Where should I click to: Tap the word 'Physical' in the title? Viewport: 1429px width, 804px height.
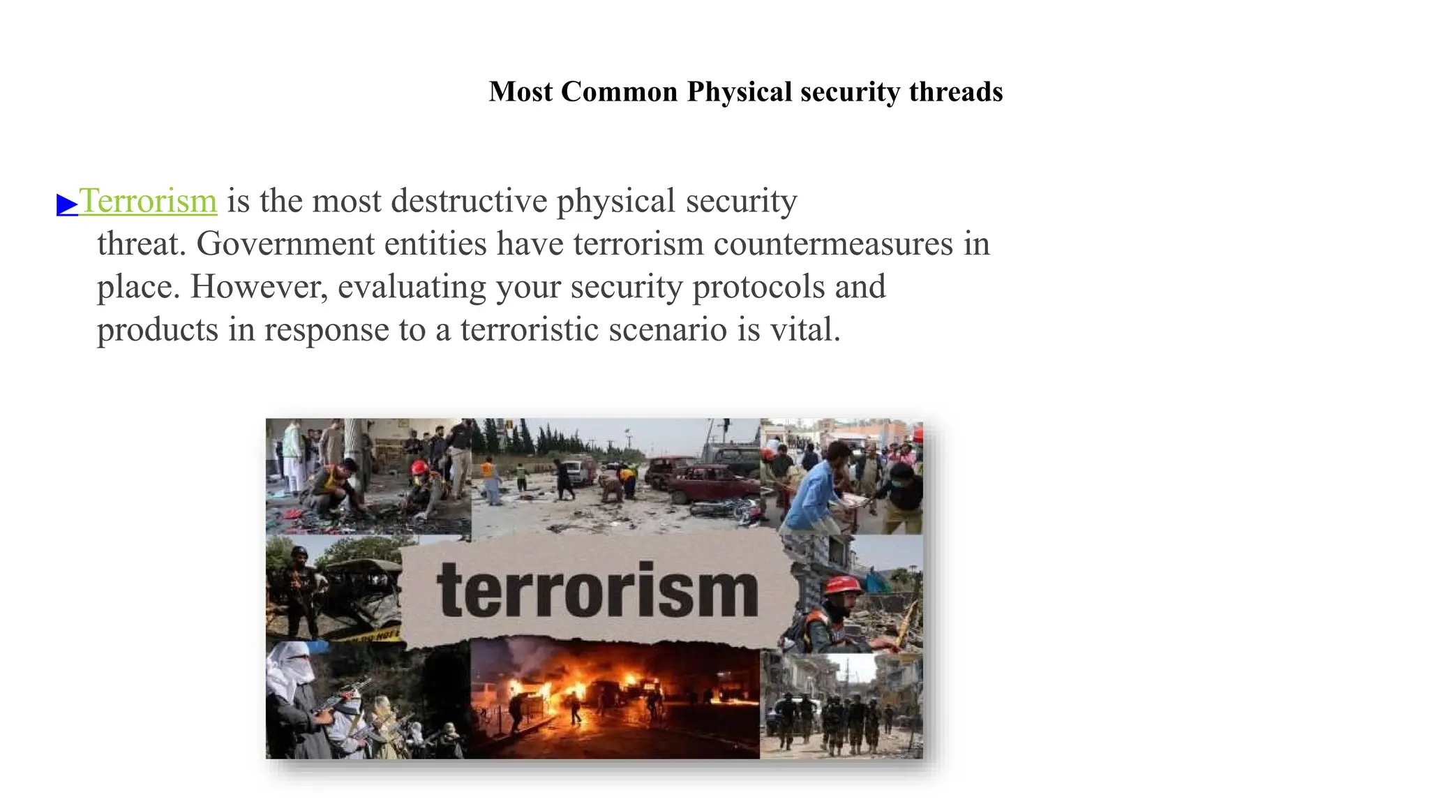[x=739, y=92]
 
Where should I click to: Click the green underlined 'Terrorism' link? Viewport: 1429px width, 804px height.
[x=149, y=201]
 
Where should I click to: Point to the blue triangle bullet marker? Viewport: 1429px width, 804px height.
[x=67, y=204]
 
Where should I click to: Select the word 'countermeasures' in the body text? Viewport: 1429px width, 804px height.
[x=832, y=244]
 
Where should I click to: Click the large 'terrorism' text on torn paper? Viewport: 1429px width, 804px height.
[x=597, y=592]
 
